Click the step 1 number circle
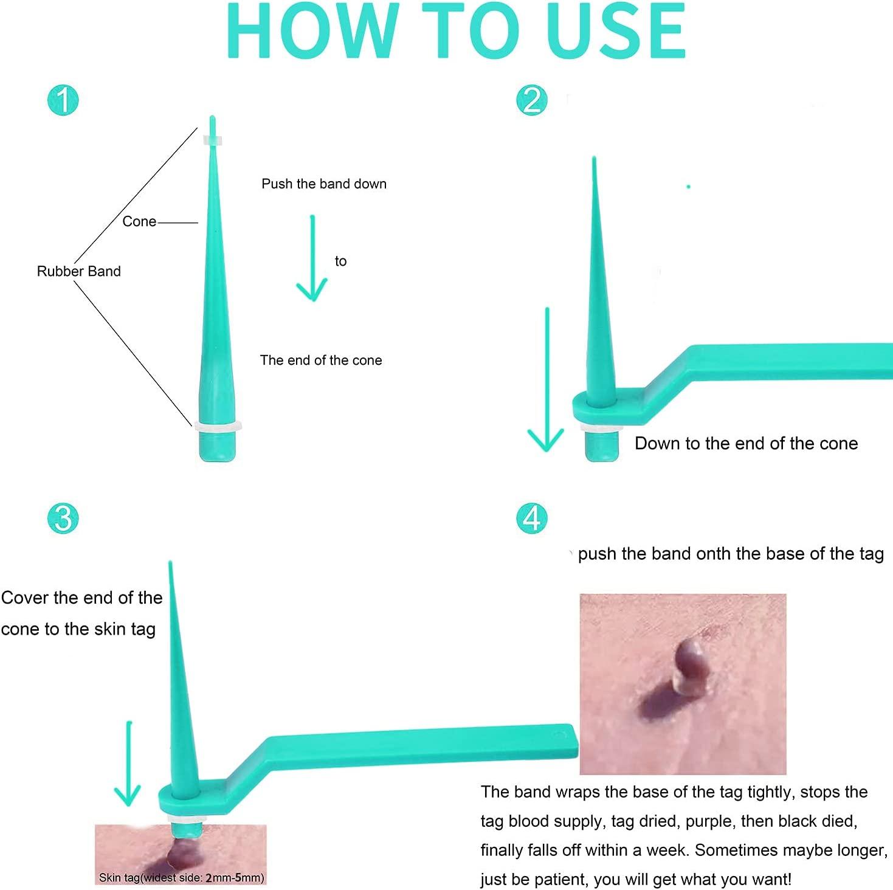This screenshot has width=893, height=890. click(63, 100)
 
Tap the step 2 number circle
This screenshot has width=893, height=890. click(532, 100)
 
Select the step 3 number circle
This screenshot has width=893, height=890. click(63, 518)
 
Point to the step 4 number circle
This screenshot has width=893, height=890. click(532, 518)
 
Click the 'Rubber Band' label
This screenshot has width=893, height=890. click(79, 271)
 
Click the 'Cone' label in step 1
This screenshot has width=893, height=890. click(139, 221)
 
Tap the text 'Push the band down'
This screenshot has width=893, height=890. click(324, 184)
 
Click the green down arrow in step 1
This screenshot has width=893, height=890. click(312, 258)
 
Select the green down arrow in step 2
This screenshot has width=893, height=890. click(547, 379)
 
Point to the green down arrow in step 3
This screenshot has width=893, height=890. click(128, 764)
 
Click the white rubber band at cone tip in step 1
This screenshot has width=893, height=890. click(213, 140)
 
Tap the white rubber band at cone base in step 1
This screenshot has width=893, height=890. click(218, 427)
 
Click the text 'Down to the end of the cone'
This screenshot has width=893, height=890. click(746, 444)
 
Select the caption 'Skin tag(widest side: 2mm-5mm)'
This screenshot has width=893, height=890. click(181, 877)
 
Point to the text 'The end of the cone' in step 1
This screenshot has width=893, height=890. click(321, 360)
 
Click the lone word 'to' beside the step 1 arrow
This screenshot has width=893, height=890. click(340, 261)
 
